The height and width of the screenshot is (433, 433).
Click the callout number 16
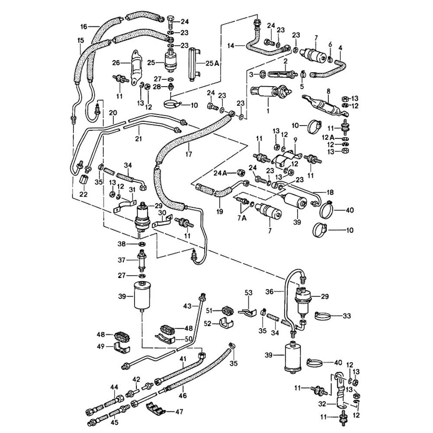click(84, 26)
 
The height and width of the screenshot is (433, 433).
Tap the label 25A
click(212, 63)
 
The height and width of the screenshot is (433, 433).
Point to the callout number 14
click(230, 45)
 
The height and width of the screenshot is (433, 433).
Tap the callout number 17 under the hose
click(188, 153)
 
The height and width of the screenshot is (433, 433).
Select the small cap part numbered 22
click(84, 180)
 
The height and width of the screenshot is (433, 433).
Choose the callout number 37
click(122, 260)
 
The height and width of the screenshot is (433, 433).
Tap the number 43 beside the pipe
click(187, 306)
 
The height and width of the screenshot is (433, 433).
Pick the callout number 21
click(139, 139)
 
